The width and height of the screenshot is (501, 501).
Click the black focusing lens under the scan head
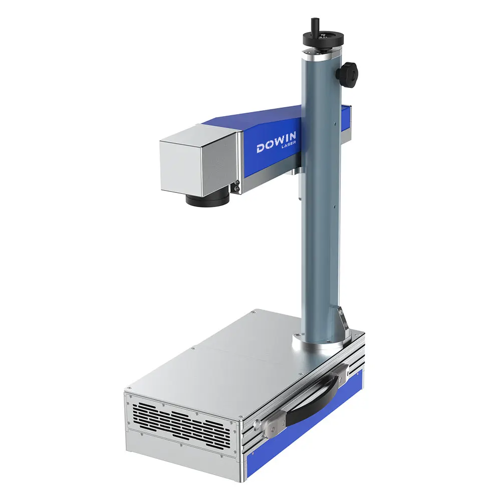pyautogui.click(x=207, y=199)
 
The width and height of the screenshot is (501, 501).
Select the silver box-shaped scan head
pyautogui.click(x=198, y=160)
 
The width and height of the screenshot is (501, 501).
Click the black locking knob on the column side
pyautogui.click(x=347, y=74)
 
